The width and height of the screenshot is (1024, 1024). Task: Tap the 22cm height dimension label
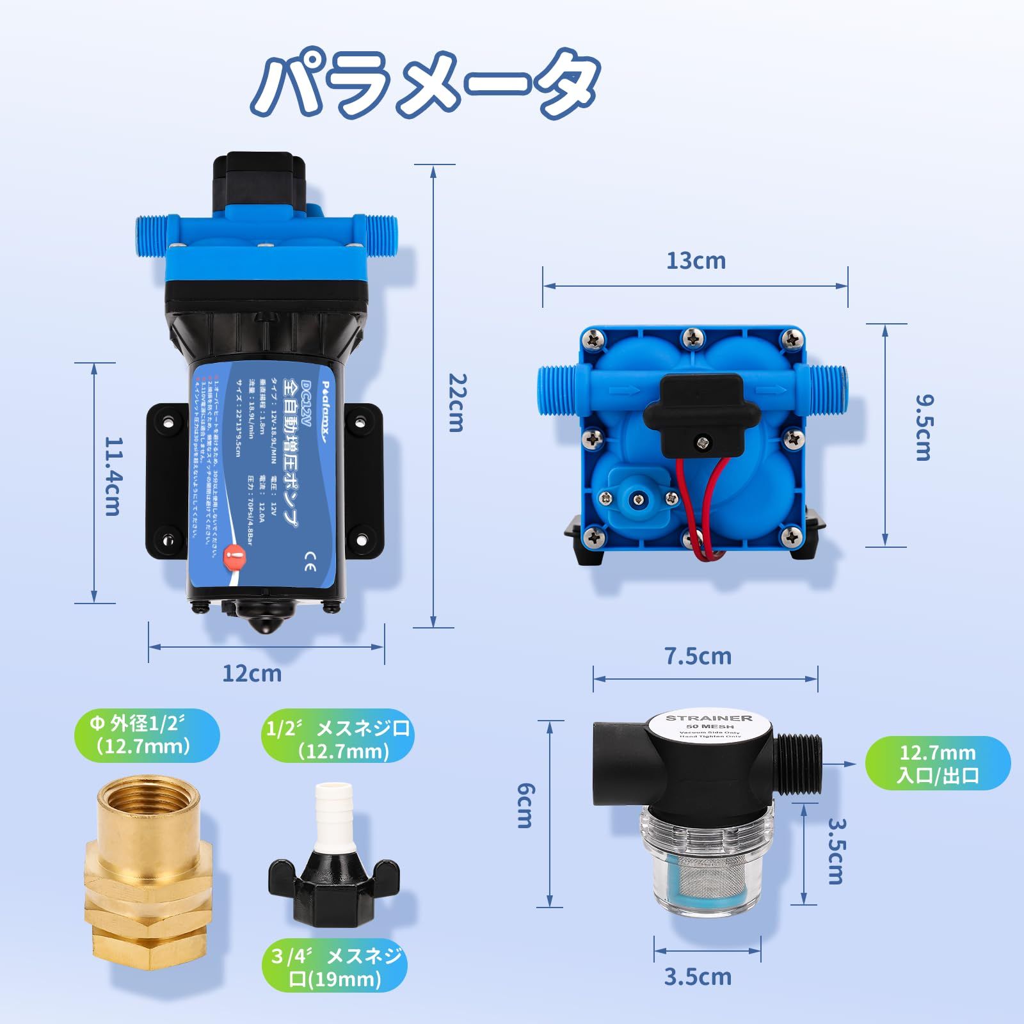[x=457, y=403]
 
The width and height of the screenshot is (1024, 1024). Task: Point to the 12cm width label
[x=252, y=673]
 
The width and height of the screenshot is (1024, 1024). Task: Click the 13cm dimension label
[x=696, y=261]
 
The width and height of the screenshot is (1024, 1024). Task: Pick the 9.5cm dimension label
[x=924, y=428]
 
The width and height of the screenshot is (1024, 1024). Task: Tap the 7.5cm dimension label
[x=698, y=656]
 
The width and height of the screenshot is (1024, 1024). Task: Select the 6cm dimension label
[x=525, y=804]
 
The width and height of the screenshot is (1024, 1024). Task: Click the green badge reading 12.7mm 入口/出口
[x=938, y=764]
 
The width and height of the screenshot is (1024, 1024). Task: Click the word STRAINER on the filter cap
[x=709, y=718]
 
